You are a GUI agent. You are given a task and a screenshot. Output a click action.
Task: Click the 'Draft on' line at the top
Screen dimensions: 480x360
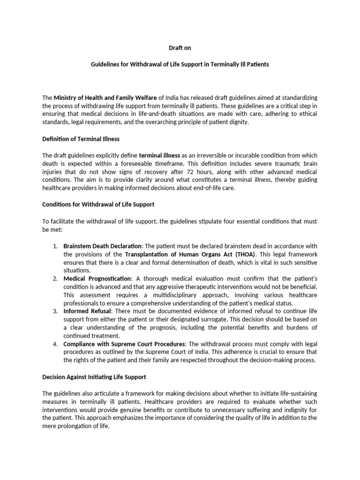pyautogui.click(x=180, y=48)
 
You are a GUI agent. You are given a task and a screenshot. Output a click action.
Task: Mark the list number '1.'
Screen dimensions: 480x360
pyautogui.click(x=55, y=247)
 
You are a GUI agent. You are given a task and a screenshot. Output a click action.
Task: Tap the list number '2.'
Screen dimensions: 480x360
pyautogui.click(x=55, y=279)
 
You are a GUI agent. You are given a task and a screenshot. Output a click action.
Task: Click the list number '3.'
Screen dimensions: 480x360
pyautogui.click(x=55, y=311)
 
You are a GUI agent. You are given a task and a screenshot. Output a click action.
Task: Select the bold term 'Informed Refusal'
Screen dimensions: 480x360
pyautogui.click(x=87, y=311)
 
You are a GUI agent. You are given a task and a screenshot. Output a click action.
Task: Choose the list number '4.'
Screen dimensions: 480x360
pyautogui.click(x=55, y=344)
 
